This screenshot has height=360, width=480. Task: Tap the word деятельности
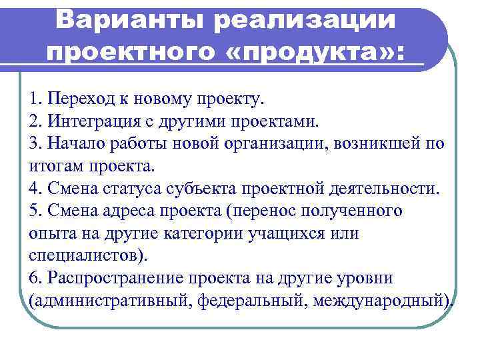coord(386,189)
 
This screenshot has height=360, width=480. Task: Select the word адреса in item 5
coord(124,211)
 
